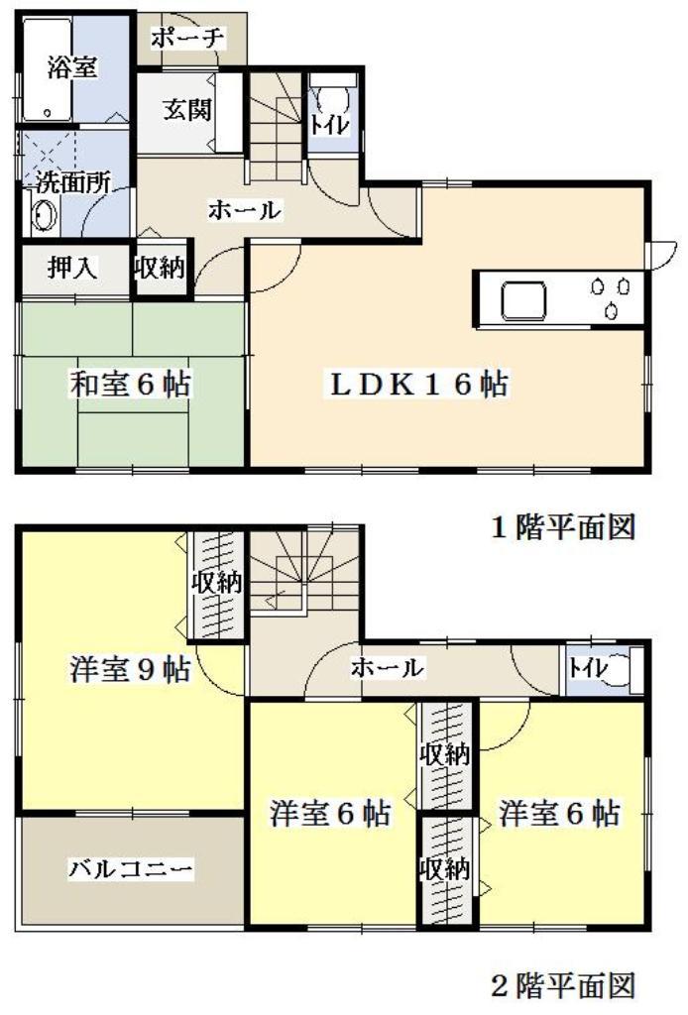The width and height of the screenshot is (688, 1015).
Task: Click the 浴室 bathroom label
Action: [72, 69]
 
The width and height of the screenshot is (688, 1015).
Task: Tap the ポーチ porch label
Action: [188, 39]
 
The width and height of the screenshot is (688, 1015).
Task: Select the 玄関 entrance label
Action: [187, 110]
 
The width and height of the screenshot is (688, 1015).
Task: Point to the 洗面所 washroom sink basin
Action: [43, 217]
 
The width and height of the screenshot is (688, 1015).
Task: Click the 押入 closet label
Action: [72, 269]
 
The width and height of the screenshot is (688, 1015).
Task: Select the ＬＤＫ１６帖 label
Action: [418, 384]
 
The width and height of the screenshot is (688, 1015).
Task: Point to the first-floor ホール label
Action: [244, 210]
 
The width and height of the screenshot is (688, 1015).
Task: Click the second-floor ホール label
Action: [388, 669]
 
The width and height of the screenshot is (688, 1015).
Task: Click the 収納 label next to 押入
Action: [159, 269]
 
